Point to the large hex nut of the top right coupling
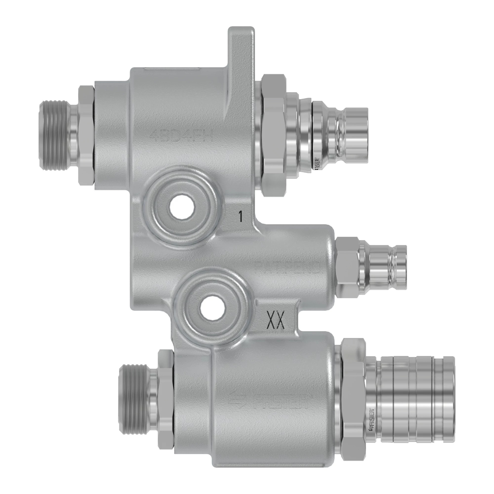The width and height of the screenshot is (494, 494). coord(273,135)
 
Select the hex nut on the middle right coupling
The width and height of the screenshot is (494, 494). coord(347,267)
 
